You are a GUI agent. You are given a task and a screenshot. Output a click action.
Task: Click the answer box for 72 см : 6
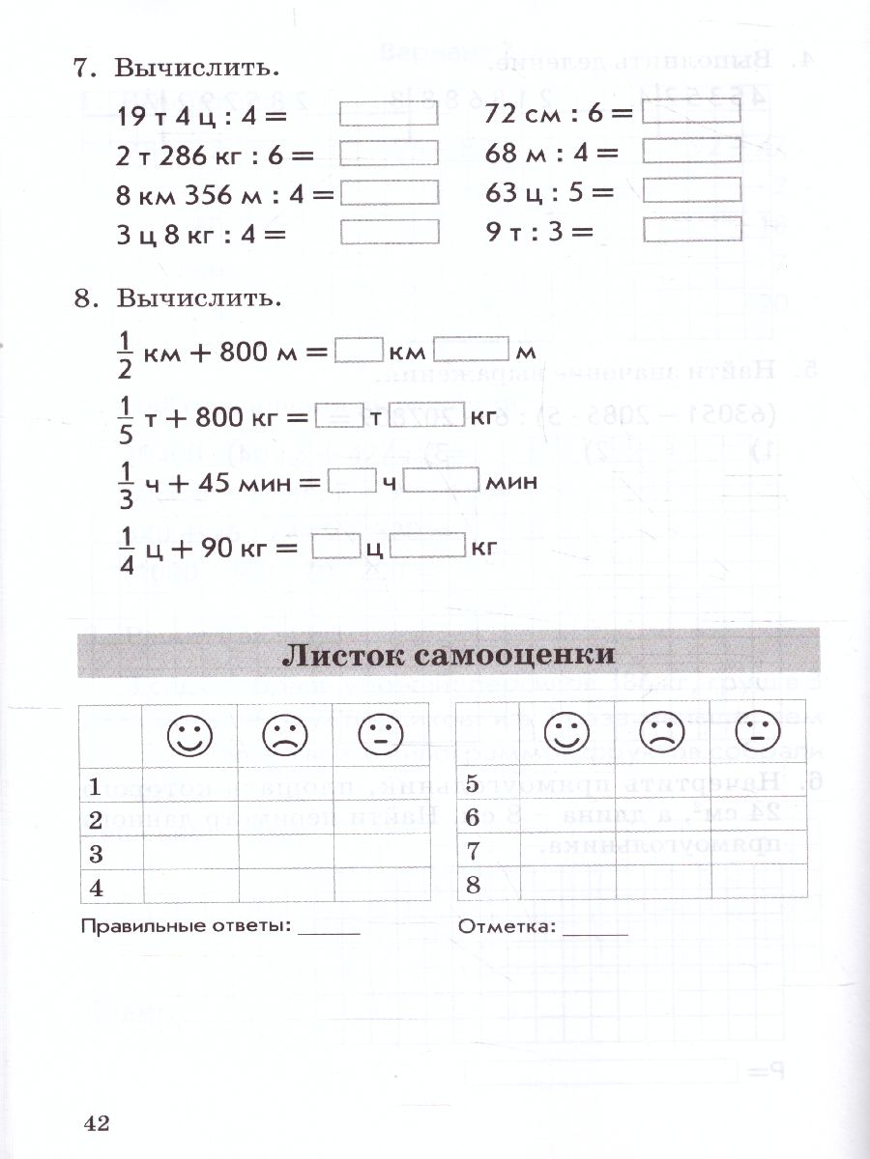click(691, 112)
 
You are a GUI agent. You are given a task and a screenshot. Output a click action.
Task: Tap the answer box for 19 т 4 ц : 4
click(390, 115)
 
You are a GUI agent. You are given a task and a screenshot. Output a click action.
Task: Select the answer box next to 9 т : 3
click(691, 229)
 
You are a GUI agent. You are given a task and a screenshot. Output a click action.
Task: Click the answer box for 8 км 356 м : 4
click(390, 192)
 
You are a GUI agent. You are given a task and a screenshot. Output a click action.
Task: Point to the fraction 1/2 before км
click(123, 352)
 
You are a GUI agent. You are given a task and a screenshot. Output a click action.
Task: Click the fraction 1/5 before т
click(123, 417)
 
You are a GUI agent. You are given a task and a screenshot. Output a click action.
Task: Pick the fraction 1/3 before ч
click(123, 480)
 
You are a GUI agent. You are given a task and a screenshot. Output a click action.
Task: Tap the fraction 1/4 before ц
click(123, 548)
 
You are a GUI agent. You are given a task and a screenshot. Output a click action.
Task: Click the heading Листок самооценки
click(448, 654)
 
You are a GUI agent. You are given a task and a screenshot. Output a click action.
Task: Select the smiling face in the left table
click(189, 736)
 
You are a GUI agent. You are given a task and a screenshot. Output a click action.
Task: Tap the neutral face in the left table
click(379, 736)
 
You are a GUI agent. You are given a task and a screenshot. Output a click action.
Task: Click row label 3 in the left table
click(96, 854)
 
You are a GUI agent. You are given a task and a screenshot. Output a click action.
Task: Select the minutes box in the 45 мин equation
click(441, 481)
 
